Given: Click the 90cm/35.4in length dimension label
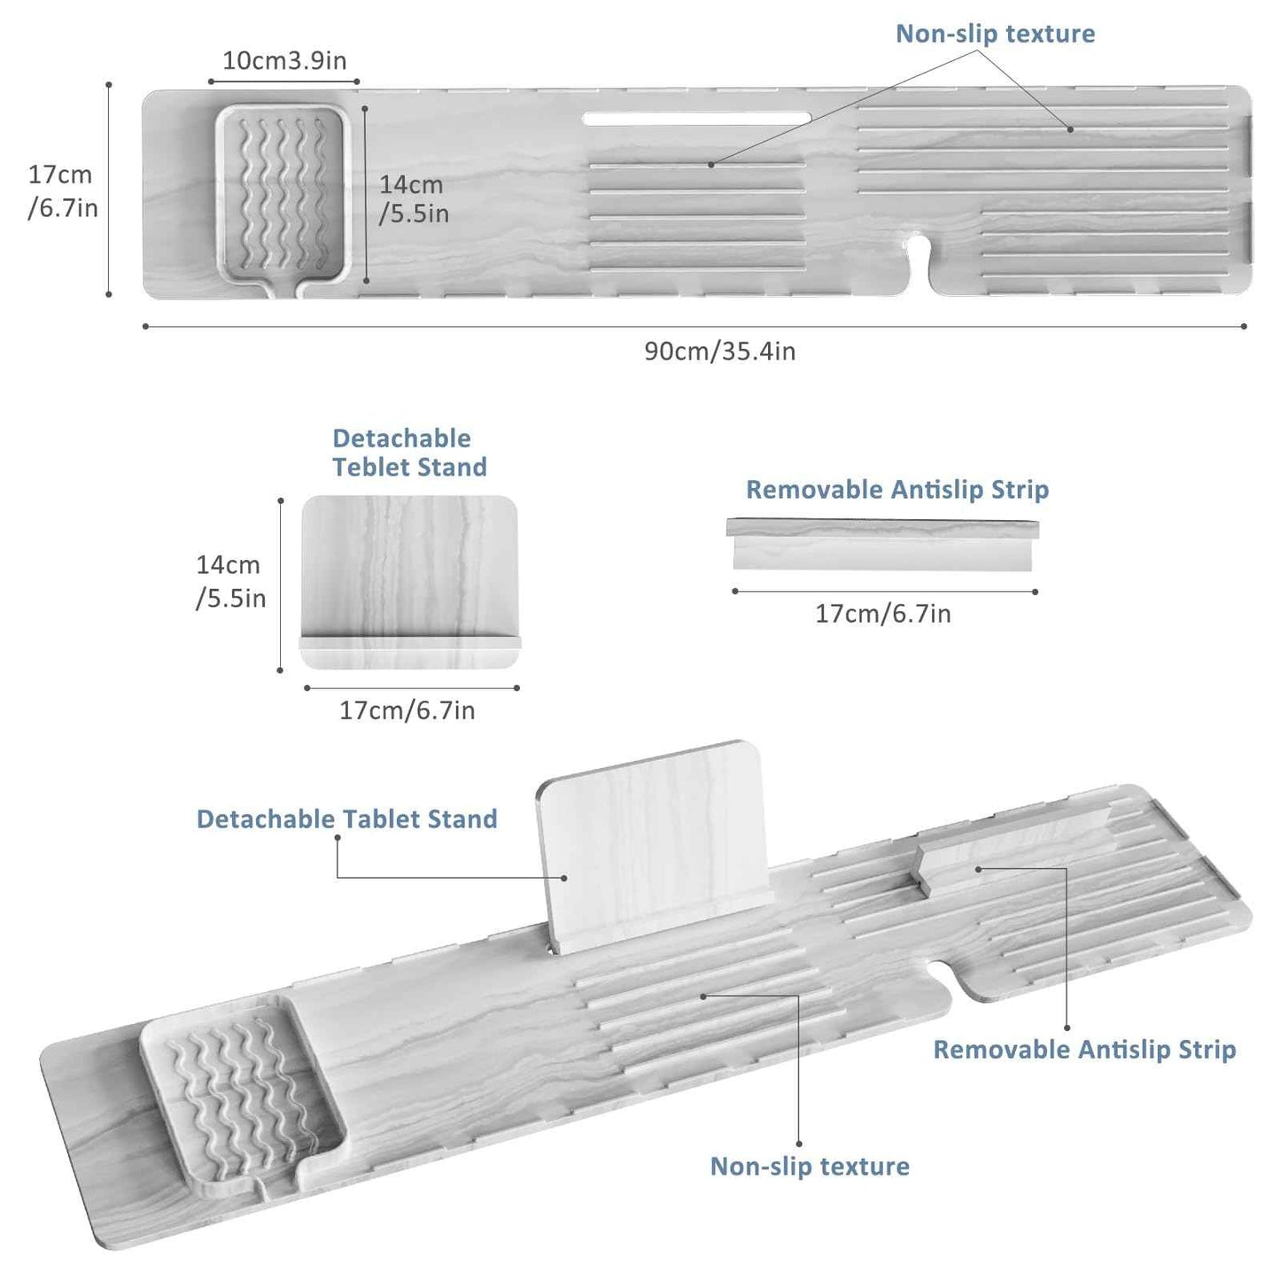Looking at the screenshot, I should [719, 352].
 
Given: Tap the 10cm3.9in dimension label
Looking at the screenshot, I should [284, 60].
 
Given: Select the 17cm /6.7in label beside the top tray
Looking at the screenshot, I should [62, 191].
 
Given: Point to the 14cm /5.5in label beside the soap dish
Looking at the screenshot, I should [414, 198].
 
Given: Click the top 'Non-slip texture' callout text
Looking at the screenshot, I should [995, 34].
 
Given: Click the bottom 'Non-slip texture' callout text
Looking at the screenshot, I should [810, 1166].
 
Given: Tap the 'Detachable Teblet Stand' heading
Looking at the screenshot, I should [409, 453].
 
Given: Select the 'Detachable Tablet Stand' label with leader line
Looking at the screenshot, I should [346, 818].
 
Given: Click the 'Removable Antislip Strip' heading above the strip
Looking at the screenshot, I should [896, 490].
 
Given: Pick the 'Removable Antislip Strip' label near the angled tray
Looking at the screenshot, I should [1084, 1050].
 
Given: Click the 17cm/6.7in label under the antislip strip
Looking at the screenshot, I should [882, 614].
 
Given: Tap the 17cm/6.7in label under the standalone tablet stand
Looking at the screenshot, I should [407, 710].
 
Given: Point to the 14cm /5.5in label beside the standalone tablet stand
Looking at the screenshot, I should [230, 581].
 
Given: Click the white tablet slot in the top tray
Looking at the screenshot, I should [697, 119].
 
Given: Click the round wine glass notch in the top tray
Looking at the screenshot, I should [918, 252].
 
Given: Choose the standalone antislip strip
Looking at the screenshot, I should [882, 544].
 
